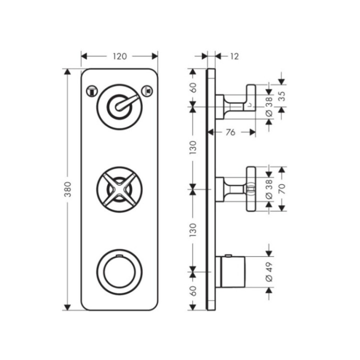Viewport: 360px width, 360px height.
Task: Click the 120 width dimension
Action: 119,56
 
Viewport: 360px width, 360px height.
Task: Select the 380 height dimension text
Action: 67,189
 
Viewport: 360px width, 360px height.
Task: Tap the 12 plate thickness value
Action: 234,56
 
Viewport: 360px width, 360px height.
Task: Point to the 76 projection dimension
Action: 230,132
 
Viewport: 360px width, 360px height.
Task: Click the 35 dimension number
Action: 282,96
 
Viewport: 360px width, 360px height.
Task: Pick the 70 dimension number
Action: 282,188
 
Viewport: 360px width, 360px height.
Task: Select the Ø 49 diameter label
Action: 269,272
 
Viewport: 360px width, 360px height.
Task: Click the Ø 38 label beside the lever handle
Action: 269,106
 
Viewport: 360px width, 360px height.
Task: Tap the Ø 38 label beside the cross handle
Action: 269,189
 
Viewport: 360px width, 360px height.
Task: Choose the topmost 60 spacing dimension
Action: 193,87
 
